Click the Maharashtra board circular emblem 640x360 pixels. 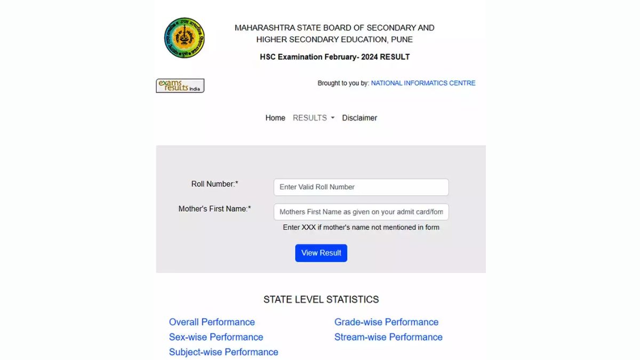[x=184, y=38]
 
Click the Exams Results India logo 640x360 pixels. [x=180, y=86]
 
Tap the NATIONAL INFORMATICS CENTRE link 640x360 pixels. [x=423, y=83]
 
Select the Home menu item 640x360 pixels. [x=275, y=118]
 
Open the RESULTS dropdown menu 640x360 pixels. [x=314, y=118]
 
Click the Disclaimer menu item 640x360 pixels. [x=359, y=118]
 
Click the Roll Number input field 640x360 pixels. [x=361, y=187]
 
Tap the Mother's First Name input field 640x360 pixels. [x=361, y=212]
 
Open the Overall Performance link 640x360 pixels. [x=212, y=322]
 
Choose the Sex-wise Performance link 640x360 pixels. [x=216, y=337]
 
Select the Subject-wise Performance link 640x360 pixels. [x=223, y=352]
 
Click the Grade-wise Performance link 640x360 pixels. [x=386, y=322]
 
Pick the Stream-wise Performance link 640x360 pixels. [x=388, y=337]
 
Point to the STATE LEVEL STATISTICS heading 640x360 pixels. [x=321, y=300]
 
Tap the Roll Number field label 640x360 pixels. [x=214, y=184]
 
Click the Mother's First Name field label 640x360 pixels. [x=214, y=209]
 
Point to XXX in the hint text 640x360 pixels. [x=309, y=227]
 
